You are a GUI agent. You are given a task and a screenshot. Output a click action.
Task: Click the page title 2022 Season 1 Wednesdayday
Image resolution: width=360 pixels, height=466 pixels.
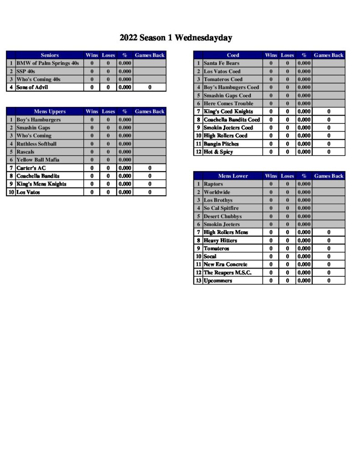tap(176, 38)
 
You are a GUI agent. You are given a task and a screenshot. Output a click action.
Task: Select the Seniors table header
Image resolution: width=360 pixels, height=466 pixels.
tap(50, 55)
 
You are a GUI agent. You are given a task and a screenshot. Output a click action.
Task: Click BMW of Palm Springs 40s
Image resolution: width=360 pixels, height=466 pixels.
tap(47, 63)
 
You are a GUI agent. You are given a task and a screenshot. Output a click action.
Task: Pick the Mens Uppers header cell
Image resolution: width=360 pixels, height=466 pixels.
tap(50, 111)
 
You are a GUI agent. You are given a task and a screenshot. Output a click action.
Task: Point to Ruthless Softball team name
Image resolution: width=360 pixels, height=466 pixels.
tap(36, 144)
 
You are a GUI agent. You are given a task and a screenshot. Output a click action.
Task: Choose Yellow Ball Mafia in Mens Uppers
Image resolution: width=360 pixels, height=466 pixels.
tap(38, 160)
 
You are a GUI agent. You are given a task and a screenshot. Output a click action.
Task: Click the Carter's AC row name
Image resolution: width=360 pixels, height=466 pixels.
tap(31, 168)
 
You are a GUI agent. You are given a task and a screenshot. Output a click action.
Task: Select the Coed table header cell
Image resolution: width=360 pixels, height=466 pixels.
tap(233, 55)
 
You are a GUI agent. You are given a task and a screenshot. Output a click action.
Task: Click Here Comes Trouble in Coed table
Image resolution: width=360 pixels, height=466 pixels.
tap(228, 104)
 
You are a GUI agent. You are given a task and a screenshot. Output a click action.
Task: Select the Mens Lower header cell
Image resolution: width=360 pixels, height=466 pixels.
tap(233, 176)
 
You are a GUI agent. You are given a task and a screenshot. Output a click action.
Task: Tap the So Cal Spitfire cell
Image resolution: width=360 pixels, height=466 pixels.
tap(221, 208)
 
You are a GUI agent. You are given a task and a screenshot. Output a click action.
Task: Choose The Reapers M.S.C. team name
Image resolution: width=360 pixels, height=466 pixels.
tap(227, 273)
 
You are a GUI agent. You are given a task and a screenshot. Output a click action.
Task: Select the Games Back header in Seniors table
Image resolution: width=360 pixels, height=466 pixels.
tap(149, 55)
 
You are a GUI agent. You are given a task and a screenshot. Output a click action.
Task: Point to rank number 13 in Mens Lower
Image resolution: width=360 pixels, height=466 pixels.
tap(198, 281)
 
